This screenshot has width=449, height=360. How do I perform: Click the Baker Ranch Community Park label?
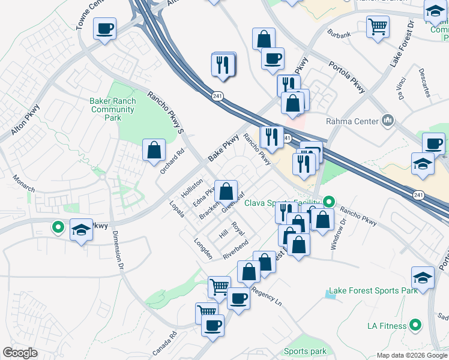tap(113, 110)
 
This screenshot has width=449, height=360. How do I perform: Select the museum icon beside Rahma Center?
tap(388, 121)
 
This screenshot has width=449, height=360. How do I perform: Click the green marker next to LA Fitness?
tap(414, 326)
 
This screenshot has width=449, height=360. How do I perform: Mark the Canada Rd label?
tap(164, 343)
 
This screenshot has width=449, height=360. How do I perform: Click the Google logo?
tap(20, 353)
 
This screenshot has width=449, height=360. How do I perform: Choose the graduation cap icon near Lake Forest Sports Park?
tap(423, 278)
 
